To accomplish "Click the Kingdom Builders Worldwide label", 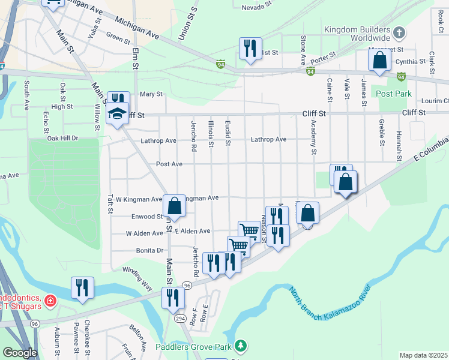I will coord(357,33).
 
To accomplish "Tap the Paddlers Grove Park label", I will coord(193,347).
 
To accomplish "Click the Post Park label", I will coord(394,94).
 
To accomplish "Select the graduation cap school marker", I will coord(117,113).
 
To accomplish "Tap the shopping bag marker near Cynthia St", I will coord(379,61).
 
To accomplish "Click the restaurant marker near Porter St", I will coord(250,48).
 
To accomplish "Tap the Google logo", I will coord(20,353).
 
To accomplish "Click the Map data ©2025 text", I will coord(423,355).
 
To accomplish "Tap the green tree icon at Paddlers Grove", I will coord(241,346).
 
